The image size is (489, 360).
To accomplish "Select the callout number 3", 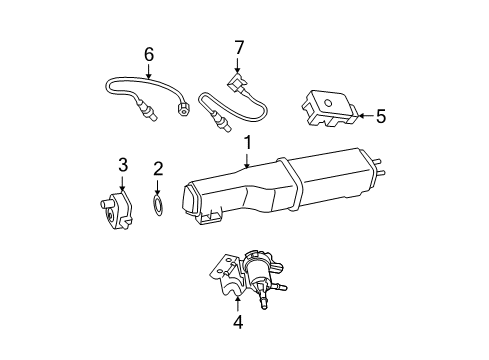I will (x=123, y=164).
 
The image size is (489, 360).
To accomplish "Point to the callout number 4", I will (x=237, y=322).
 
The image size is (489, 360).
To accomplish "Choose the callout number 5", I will (x=380, y=117).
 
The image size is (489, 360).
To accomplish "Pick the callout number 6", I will (x=149, y=53).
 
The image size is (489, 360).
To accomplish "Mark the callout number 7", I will (x=239, y=46).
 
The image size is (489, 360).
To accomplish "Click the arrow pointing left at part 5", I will (x=362, y=117).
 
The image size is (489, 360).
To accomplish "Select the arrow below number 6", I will (x=149, y=70).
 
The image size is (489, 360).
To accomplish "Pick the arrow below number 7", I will (x=239, y=63).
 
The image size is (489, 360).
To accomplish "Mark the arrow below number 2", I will (x=157, y=187).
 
